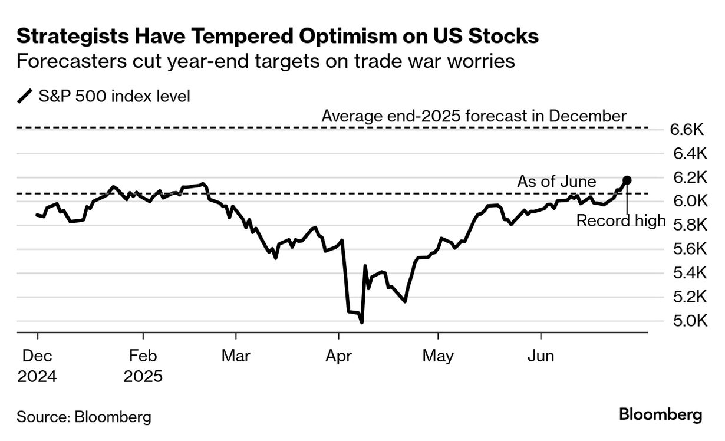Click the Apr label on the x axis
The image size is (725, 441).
coord(339,357)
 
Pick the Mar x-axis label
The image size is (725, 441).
coord(236,357)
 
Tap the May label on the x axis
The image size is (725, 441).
coord(439,357)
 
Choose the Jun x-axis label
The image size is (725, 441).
coord(541,357)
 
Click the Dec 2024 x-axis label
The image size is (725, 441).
coord(37,366)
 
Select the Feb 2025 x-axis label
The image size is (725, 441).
coord(143,366)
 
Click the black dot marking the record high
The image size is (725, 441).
coord(627,180)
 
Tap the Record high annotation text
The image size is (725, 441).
coord(621,221)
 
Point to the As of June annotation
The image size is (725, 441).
coord(556,182)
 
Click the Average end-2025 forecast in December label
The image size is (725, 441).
coord(474,116)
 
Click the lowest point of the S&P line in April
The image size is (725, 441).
coord(361,322)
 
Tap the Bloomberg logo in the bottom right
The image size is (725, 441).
coord(661,414)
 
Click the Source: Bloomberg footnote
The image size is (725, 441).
coord(84,417)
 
